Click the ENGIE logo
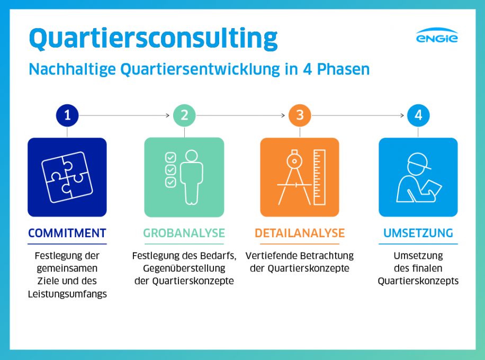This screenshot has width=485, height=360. tap(437, 35)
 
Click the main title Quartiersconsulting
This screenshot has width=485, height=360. tap(154, 39)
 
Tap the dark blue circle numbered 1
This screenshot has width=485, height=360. tap(67, 115)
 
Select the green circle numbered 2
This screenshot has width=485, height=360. tap(184, 115)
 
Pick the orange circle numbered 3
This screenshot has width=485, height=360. tap(300, 115)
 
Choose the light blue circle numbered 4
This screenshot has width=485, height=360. tap(418, 115)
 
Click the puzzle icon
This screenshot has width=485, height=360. tap(67, 177)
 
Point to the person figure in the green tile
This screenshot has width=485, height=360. tap(192, 177)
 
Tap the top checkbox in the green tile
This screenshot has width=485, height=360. tap(170, 157)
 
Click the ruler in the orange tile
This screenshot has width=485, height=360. tap(319, 177)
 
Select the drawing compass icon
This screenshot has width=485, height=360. tap(294, 177)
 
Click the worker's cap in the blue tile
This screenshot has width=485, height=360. tap(419, 161)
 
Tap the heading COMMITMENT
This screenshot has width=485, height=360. tap(67, 233)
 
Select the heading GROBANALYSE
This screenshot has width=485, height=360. tap(184, 233)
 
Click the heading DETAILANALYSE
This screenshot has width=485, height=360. tap(300, 233)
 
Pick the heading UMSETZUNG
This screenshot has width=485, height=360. tap(418, 233)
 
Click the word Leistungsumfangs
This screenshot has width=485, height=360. tap(67, 294)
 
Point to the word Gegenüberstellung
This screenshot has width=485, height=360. tap(184, 268)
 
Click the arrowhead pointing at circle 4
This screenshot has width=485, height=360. tap(402, 115)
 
